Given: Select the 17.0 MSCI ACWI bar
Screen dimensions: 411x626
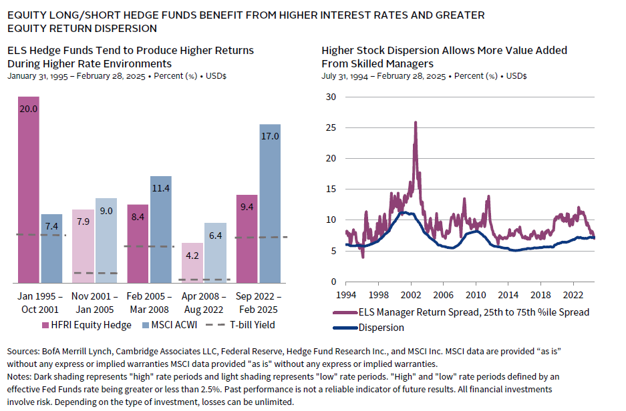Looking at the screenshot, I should click(270, 203).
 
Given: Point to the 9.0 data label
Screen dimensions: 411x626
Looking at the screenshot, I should click(106, 211).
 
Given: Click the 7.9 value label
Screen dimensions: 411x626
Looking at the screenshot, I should click(84, 222).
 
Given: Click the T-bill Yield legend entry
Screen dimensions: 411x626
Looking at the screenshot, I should click(243, 325).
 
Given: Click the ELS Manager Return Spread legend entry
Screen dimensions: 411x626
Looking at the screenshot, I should click(461, 312).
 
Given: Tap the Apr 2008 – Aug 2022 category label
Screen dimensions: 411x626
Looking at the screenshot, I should click(204, 302).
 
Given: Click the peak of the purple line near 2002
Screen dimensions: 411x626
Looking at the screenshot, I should click(416, 122).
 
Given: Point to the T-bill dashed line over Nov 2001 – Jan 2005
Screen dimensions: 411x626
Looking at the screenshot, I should click(95, 273).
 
